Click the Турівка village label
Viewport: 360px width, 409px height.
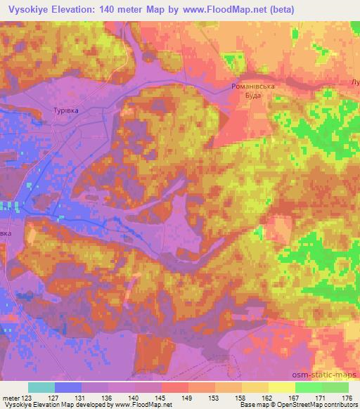click(67, 110)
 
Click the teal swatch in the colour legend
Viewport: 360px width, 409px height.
click(41, 387)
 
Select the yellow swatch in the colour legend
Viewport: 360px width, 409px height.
click(282, 387)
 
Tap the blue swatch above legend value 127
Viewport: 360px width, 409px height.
click(68, 387)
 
